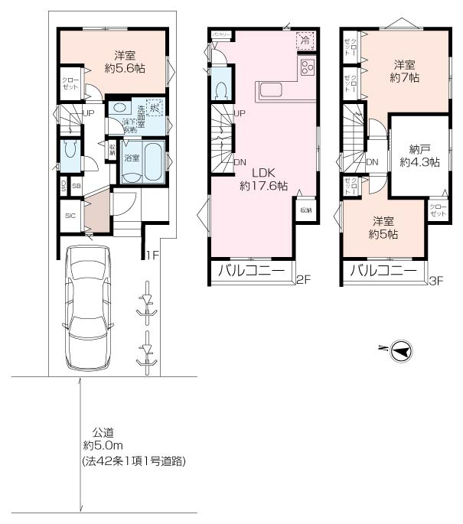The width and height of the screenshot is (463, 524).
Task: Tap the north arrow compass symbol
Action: [400, 350]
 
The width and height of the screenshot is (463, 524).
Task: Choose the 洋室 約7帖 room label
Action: [405, 71]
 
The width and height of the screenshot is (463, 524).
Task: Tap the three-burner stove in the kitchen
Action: [308, 67]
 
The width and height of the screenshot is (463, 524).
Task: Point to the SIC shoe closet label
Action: [69, 216]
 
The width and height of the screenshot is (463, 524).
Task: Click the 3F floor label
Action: [436, 280]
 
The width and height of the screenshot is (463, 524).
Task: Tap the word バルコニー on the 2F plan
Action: [250, 271]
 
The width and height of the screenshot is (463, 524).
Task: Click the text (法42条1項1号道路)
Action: [133, 461]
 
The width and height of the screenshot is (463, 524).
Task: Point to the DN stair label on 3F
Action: [373, 162]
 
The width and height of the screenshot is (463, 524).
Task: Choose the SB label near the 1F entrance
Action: [77, 185]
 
